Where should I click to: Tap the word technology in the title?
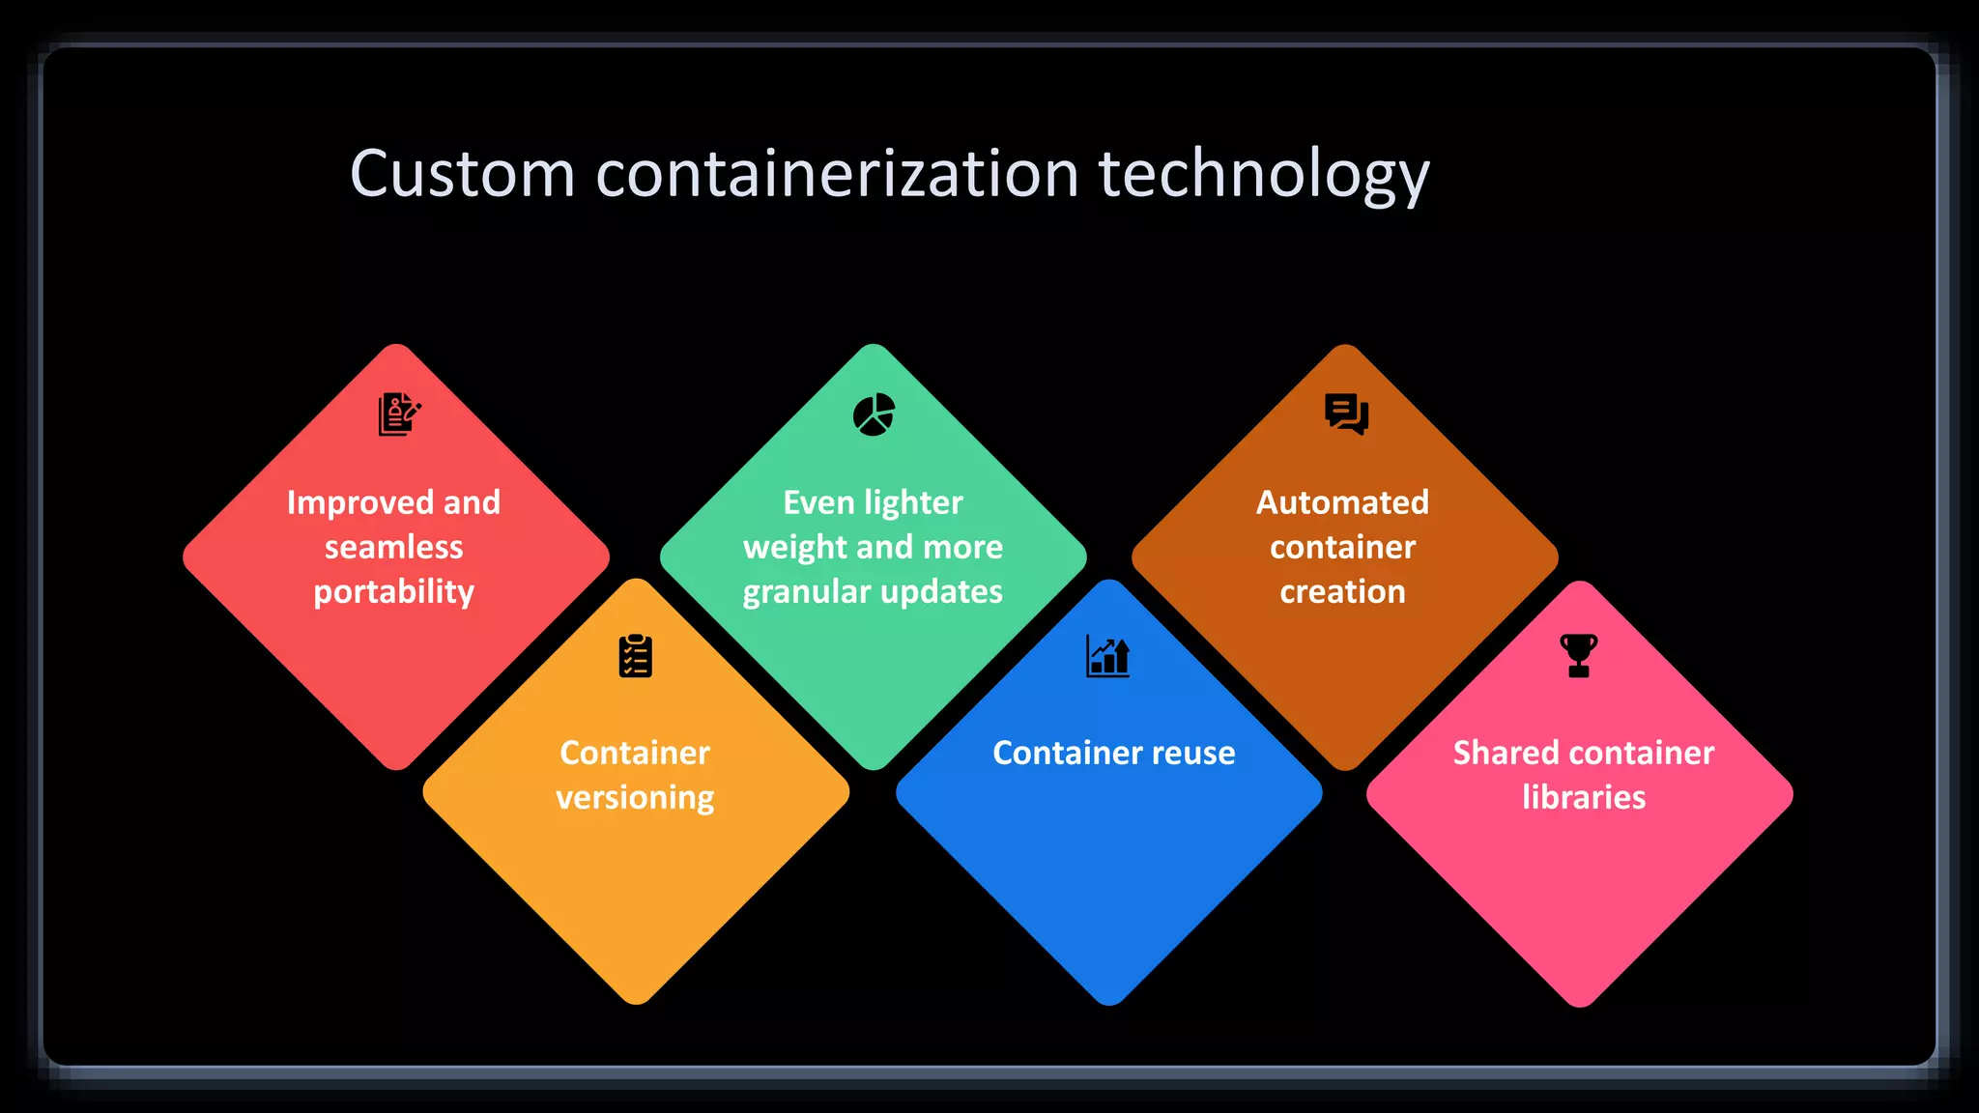pyautogui.click(x=1263, y=177)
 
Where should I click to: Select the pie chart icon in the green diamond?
pyautogui.click(x=874, y=414)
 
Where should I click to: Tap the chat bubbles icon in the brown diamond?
pyautogui.click(x=1346, y=414)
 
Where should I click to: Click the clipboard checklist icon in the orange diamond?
pyautogui.click(x=636, y=656)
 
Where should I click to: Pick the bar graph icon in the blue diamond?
pyautogui.click(x=1107, y=656)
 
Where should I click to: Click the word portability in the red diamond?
pyautogui.click(x=394, y=592)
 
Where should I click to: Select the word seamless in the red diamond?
pyautogui.click(x=394, y=548)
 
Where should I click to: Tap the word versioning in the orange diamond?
pyautogui.click(x=635, y=798)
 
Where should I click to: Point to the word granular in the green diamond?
pyautogui.click(x=805, y=592)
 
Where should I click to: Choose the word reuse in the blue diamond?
pyautogui.click(x=1192, y=754)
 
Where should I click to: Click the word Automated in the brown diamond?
pyautogui.click(x=1342, y=503)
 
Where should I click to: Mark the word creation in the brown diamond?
pyautogui.click(x=1342, y=592)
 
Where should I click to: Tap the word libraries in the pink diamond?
pyautogui.click(x=1584, y=798)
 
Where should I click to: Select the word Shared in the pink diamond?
pyautogui.click(x=1501, y=754)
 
